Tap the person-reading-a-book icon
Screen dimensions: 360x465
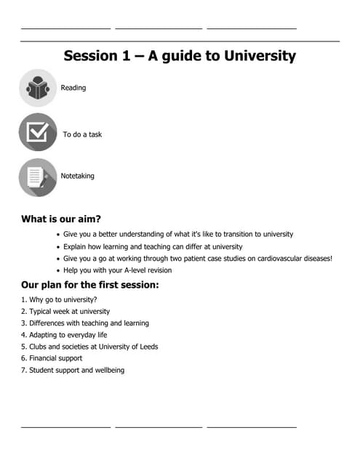[38, 88]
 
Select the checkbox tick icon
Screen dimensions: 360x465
[38, 132]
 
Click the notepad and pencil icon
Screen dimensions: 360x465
[38, 177]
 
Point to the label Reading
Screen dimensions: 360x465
[73, 88]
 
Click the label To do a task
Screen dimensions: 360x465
[82, 134]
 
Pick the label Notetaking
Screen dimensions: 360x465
[77, 176]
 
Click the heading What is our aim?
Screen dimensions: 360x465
[61, 219]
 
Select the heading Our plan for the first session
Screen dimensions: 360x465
[90, 285]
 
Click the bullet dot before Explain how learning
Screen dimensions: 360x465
[58, 247]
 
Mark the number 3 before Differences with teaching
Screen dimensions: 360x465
[23, 323]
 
